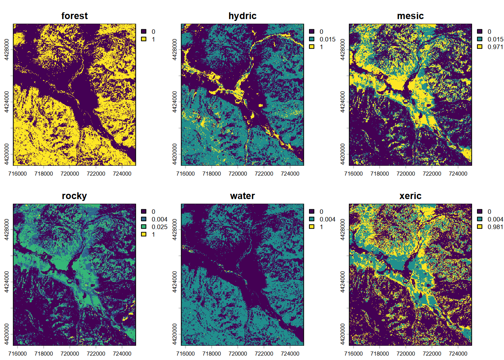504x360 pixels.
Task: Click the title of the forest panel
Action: click(x=74, y=16)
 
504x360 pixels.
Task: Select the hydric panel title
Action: click(x=242, y=16)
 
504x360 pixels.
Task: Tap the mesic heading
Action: click(x=410, y=16)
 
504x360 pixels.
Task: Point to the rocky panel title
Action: click(x=74, y=196)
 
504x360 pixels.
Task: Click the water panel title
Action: click(x=242, y=196)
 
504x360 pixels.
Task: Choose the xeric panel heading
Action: click(x=410, y=196)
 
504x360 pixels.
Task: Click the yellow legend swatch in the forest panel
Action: click(x=144, y=39)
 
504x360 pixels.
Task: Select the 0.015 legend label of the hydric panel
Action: click(x=327, y=39)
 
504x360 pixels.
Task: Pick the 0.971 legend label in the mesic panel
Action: click(x=495, y=47)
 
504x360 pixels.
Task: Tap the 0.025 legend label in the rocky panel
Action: click(x=159, y=227)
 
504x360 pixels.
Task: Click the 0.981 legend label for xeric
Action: click(x=495, y=227)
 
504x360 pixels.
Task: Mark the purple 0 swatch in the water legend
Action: click(x=312, y=211)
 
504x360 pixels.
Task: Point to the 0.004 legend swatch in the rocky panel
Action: click(x=144, y=219)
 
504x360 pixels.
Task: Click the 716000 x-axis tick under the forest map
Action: click(x=17, y=174)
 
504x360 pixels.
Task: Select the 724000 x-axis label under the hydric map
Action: click(x=290, y=174)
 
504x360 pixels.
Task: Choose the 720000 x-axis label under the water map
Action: click(x=238, y=354)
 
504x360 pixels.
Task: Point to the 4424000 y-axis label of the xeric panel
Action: click(x=342, y=282)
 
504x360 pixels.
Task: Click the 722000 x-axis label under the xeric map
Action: click(x=432, y=354)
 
